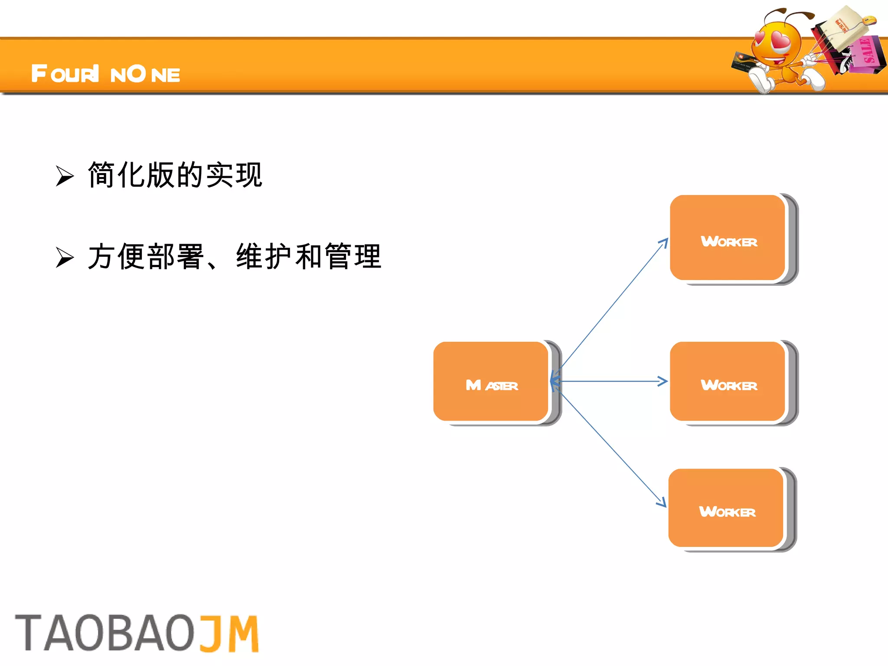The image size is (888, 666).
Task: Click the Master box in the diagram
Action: coord(491,382)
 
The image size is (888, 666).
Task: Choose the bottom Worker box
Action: coord(726,508)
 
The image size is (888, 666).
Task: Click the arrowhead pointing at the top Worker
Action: coord(664,242)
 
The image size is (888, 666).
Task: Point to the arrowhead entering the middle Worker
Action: coord(663,382)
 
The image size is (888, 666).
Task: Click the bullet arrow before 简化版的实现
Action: coord(65,176)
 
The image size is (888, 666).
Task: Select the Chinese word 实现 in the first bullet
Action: coord(234,175)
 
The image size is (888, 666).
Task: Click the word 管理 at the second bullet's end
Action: coord(353,256)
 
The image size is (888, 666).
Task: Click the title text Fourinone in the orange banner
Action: coord(105,74)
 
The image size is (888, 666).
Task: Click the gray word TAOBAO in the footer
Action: coord(105,633)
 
